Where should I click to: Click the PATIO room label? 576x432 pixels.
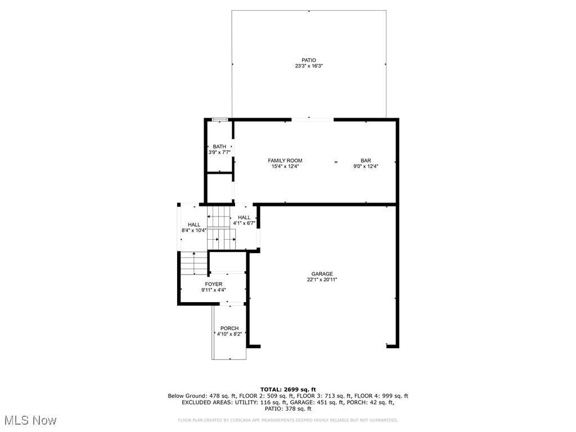tap(308, 60)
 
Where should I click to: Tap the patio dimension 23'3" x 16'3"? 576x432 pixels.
tap(308, 66)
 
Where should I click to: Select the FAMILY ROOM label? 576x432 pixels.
tap(285, 160)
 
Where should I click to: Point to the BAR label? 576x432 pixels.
tap(366, 160)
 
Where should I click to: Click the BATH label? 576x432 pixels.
tap(219, 147)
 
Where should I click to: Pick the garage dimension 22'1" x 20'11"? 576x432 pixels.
tap(322, 280)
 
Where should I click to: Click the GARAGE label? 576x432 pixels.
tap(322, 274)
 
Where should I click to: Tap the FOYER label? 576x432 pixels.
tap(214, 284)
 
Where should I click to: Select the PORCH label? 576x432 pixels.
tap(229, 328)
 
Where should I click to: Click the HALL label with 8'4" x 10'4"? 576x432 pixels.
tap(194, 224)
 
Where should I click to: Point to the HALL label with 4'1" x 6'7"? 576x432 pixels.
tap(244, 218)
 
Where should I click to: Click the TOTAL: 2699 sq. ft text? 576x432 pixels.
tap(288, 389)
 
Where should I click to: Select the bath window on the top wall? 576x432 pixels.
tap(219, 119)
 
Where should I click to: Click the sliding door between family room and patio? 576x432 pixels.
tap(312, 119)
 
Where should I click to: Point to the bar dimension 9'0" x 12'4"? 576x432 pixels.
tap(366, 166)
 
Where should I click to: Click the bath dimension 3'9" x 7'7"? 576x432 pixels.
tap(219, 152)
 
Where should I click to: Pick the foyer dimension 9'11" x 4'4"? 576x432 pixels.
tap(214, 290)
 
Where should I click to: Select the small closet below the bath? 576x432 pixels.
tap(219, 188)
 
